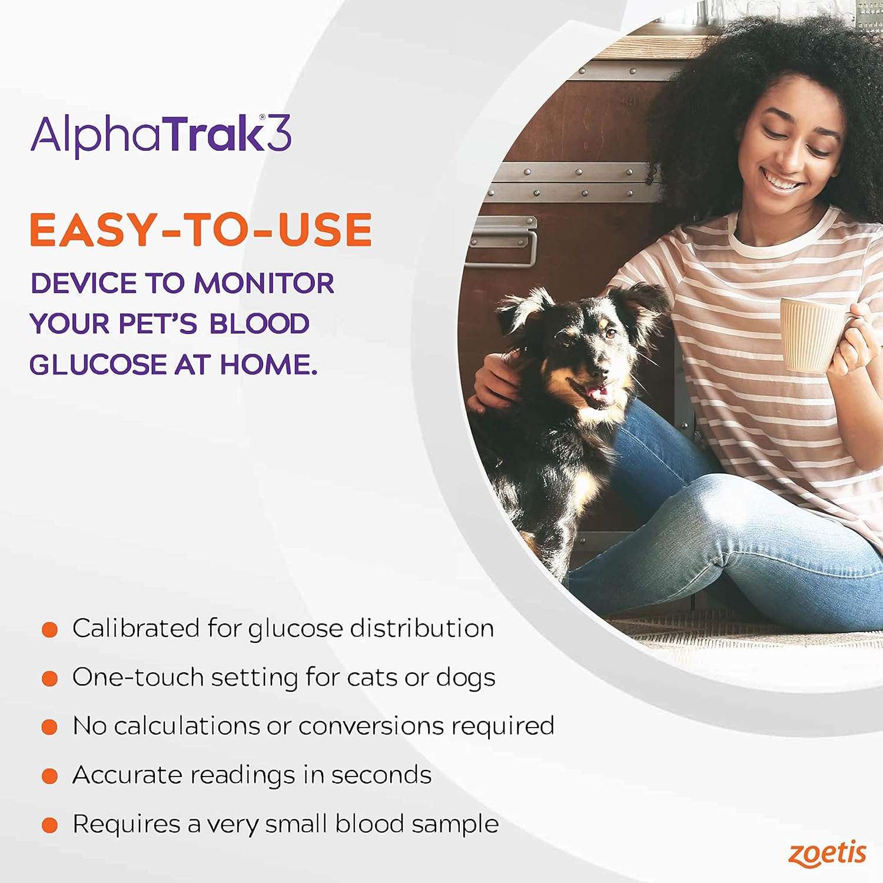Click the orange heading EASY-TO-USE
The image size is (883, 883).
point(201,230)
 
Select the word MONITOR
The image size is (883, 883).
point(264,284)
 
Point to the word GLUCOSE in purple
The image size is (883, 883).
point(98,365)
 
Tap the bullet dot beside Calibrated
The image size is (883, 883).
point(50,630)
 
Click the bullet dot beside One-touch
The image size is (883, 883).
point(50,679)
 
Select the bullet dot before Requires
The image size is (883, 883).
point(50,825)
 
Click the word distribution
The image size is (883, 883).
point(421,629)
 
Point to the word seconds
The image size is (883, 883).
point(381,775)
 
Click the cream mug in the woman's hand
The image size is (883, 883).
point(811,334)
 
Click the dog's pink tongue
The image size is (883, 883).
point(599,393)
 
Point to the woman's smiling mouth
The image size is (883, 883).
point(783,180)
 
